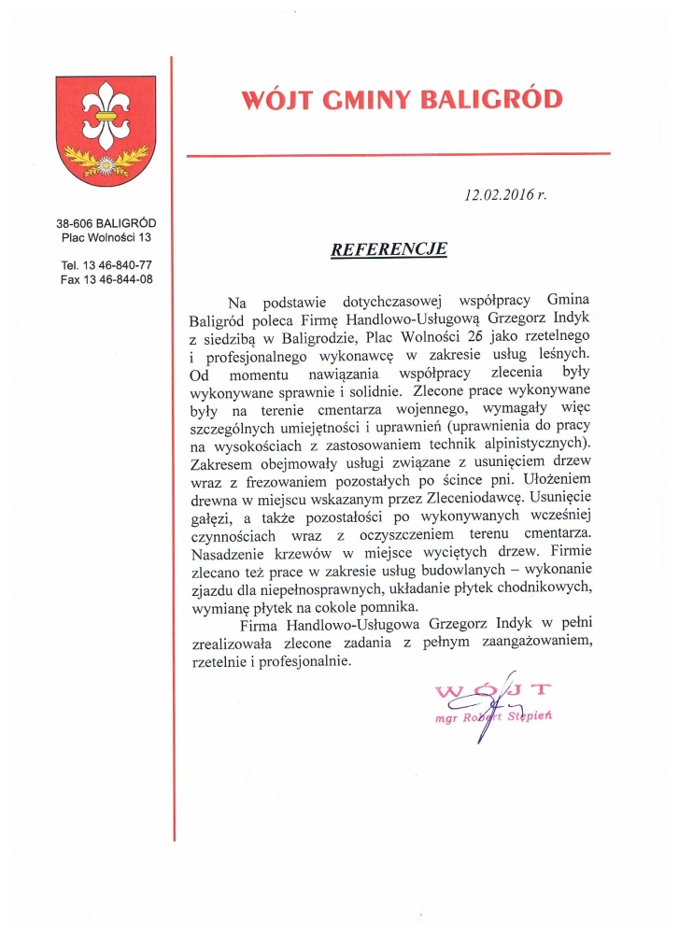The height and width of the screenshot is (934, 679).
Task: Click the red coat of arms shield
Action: click(x=106, y=131)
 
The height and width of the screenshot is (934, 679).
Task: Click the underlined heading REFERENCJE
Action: click(x=389, y=249)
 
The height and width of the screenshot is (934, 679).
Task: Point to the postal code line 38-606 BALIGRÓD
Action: click(x=106, y=223)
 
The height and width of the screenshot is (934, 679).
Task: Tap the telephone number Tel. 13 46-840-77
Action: click(x=106, y=265)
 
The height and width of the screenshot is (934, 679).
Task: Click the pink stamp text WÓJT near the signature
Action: click(x=492, y=692)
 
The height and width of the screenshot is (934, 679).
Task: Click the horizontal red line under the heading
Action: click(x=397, y=154)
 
